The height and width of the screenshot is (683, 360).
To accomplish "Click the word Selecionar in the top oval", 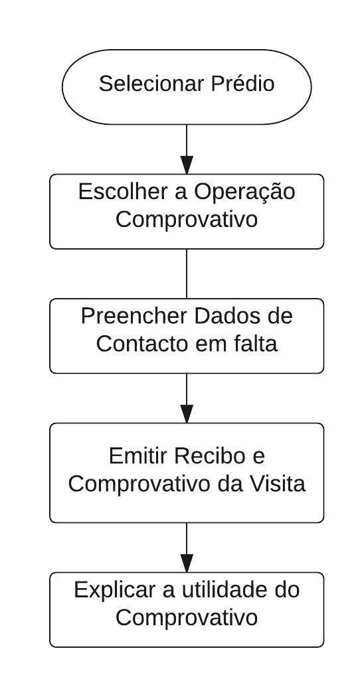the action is click(151, 84).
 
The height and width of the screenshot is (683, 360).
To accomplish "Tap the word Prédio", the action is click(242, 84).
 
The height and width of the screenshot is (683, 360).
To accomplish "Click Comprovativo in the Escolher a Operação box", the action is click(187, 220).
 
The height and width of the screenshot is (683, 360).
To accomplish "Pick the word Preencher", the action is click(134, 316).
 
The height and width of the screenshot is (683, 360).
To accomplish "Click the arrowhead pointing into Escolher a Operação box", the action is click(187, 165).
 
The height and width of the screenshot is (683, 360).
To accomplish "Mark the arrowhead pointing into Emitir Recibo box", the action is click(187, 414).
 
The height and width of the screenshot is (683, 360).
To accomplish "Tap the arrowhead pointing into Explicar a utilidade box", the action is click(187, 564).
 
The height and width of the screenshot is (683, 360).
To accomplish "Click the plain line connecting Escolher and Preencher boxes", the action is click(187, 273).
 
